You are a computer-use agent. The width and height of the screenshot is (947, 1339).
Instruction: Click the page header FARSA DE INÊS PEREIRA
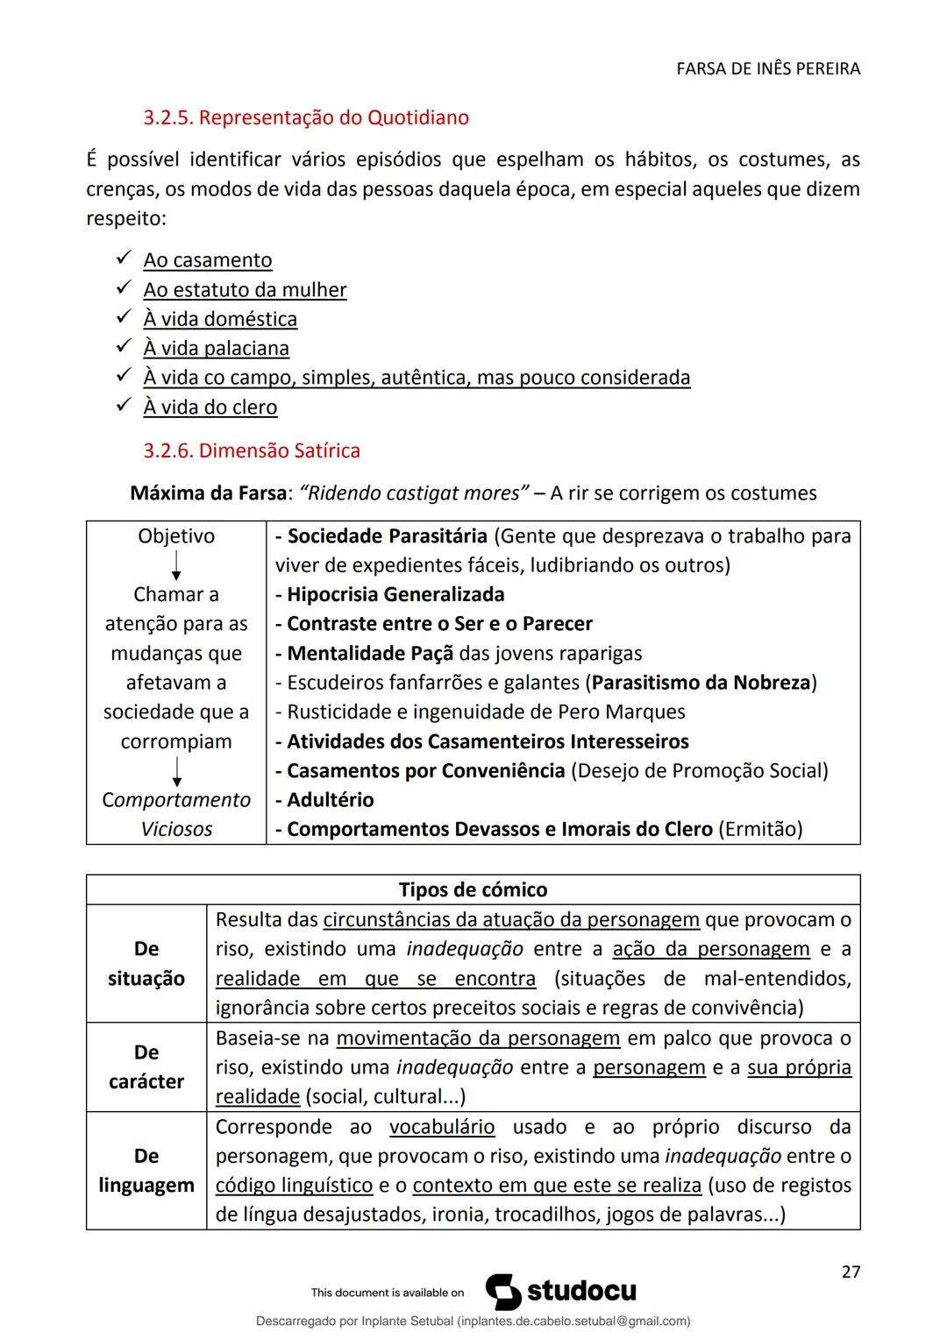coord(768,68)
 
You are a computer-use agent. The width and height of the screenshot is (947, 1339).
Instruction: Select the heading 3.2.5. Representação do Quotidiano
coord(306,117)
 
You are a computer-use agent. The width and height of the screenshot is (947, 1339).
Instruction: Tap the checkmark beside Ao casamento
coord(123,259)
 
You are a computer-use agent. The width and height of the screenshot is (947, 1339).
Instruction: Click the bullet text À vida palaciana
coord(216,349)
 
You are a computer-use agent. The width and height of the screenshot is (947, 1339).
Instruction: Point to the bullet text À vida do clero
coord(210,407)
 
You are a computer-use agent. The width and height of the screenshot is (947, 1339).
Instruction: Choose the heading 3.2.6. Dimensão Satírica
coord(252,450)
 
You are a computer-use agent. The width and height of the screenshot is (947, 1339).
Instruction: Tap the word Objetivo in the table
coord(176,536)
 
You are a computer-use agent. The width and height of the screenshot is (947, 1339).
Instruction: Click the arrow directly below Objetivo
coord(176,565)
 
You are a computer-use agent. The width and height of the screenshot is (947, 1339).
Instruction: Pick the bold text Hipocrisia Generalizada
coord(395,595)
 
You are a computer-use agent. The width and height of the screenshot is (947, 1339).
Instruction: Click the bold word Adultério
coord(330,800)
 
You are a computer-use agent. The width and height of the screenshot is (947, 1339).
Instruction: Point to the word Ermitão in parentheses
coord(759,829)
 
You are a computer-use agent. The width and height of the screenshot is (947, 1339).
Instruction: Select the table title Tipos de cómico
coord(473,889)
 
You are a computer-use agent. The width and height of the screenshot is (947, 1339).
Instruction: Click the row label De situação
coord(146,963)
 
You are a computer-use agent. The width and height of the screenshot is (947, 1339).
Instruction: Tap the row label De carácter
coord(146,1066)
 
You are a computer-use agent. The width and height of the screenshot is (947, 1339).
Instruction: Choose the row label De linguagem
coord(146,1171)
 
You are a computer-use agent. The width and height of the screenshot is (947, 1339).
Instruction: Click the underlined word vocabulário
coord(442,1127)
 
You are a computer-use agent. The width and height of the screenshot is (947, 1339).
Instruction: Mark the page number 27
coord(851,1272)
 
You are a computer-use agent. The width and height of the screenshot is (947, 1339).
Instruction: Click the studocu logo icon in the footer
coord(503,1292)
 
